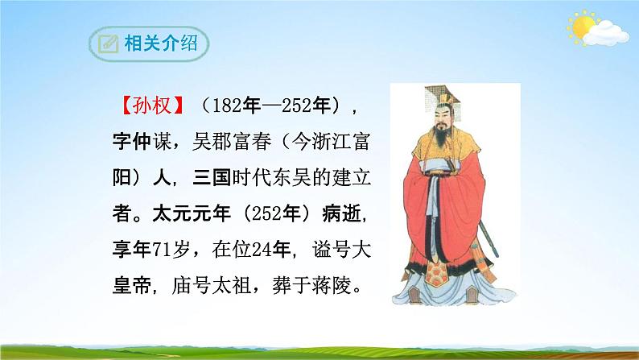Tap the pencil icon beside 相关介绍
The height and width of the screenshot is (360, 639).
tap(105, 43)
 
